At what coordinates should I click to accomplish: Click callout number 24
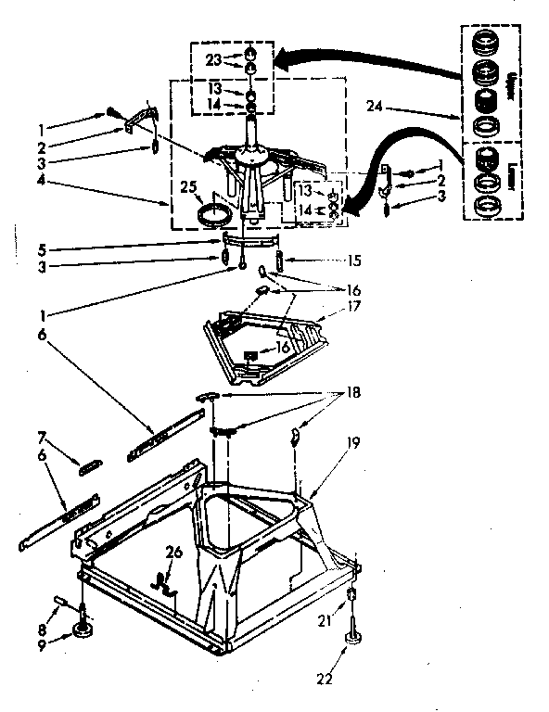tap(399, 107)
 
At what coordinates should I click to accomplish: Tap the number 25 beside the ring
tap(189, 188)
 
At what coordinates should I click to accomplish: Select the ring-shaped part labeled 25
tap(215, 215)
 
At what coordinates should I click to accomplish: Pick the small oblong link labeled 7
tap(92, 466)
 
